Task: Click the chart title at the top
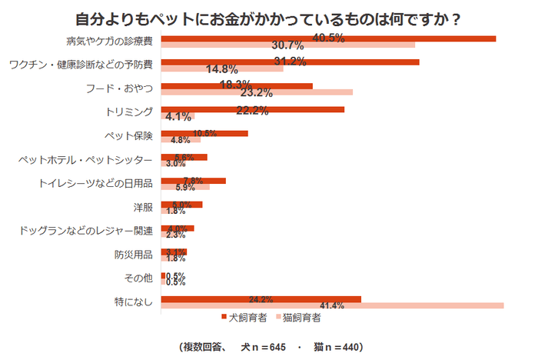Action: click(269, 18)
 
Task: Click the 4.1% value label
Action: click(178, 117)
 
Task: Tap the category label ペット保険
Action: click(129, 136)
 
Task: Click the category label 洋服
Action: click(143, 208)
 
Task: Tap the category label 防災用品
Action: click(134, 255)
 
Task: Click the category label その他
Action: click(139, 278)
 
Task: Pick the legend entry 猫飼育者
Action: click(297, 316)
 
